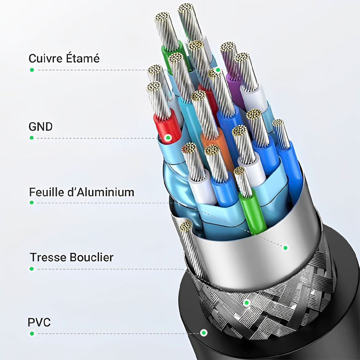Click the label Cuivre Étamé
point(64,58)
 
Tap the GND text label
point(40,127)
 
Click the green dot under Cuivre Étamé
point(32,69)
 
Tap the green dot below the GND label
point(32,138)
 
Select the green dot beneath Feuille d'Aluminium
point(32,203)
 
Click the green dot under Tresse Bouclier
point(32,269)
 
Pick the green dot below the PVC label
point(32,333)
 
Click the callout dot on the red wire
point(168,138)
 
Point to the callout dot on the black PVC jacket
point(204,333)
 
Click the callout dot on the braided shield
point(247,303)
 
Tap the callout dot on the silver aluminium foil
point(285,248)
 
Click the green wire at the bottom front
point(253,212)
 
